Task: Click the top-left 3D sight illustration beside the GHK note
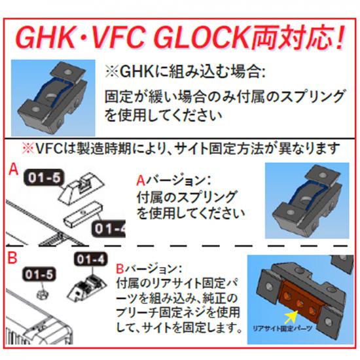[x=53, y=98]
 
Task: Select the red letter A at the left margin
[x=13, y=170]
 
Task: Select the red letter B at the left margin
[x=12, y=258]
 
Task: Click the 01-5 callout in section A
[x=44, y=178]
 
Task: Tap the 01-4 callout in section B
[x=91, y=260]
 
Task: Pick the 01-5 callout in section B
[x=39, y=274]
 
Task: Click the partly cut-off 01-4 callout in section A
[x=109, y=229]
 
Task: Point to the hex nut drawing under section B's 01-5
[x=43, y=293]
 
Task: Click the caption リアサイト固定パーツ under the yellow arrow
[x=282, y=329]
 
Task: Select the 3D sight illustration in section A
[x=307, y=201]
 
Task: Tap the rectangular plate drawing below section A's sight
[x=82, y=214]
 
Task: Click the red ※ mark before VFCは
[x=28, y=149]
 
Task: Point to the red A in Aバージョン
[x=141, y=181]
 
